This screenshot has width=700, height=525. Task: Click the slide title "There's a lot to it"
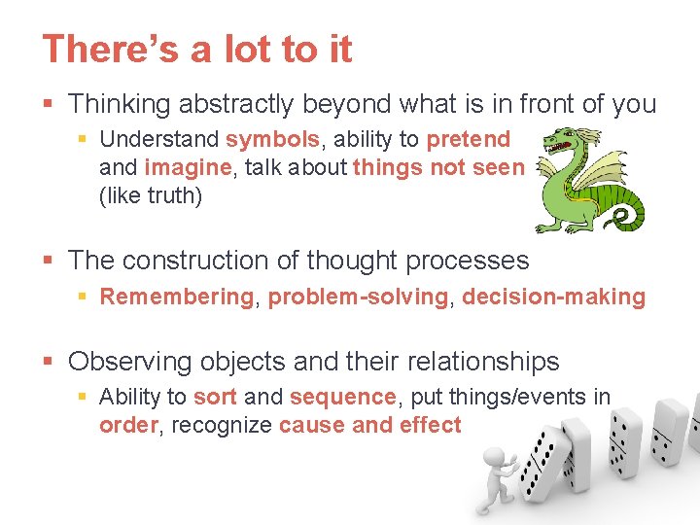(196, 49)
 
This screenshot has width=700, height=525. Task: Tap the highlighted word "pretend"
(468, 140)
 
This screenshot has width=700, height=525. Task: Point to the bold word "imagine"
(189, 167)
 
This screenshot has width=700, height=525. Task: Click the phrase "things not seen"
(437, 167)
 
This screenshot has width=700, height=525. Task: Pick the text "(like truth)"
(150, 194)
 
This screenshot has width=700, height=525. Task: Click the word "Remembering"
(176, 297)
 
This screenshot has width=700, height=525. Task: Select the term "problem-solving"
(358, 297)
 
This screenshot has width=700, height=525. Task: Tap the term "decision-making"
(553, 297)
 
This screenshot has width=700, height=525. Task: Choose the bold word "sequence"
(342, 397)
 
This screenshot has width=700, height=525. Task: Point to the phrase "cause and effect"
(369, 425)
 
